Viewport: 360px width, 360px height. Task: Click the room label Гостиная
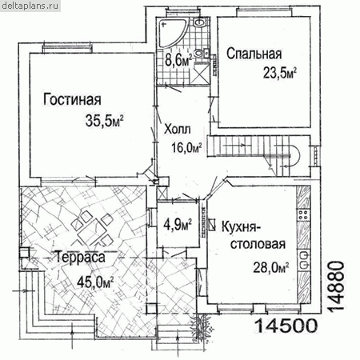click(72, 99)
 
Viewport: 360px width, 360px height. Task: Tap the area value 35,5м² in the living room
click(105, 121)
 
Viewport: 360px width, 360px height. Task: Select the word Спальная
click(254, 54)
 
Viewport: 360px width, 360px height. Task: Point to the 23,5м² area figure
click(280, 73)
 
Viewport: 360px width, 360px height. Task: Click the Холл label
click(178, 129)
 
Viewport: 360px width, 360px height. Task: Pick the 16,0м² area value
click(186, 147)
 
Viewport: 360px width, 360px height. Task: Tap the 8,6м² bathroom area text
click(178, 60)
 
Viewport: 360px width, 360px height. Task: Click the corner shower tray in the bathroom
click(172, 33)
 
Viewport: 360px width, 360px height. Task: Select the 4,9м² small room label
click(178, 225)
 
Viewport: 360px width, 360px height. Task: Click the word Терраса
click(80, 258)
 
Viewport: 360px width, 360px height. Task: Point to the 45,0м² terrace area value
click(95, 282)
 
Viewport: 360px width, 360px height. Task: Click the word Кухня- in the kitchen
click(242, 227)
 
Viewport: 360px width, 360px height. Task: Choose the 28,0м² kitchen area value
click(271, 267)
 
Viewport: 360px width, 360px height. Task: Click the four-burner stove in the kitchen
click(303, 215)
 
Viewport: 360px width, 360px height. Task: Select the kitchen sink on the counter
click(303, 260)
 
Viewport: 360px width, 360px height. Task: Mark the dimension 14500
click(286, 326)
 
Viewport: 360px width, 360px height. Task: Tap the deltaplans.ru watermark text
click(30, 6)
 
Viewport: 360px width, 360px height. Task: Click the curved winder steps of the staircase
click(291, 156)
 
